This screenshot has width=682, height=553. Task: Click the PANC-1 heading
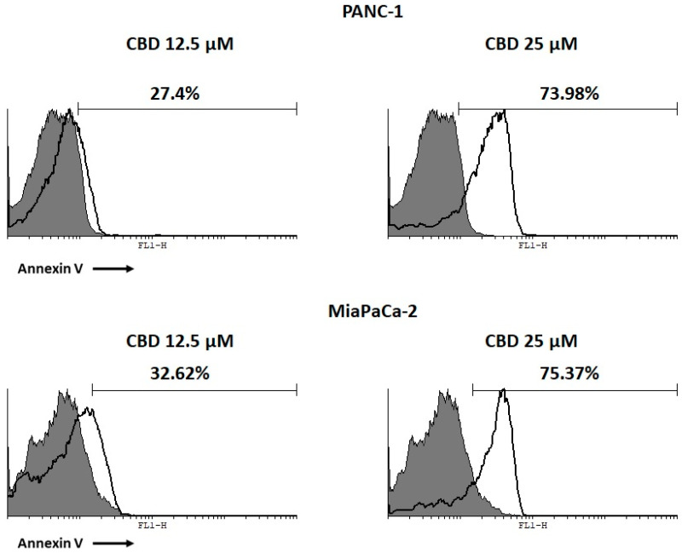pyautogui.click(x=341, y=13)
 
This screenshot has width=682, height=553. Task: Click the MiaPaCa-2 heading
pyautogui.click(x=341, y=313)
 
